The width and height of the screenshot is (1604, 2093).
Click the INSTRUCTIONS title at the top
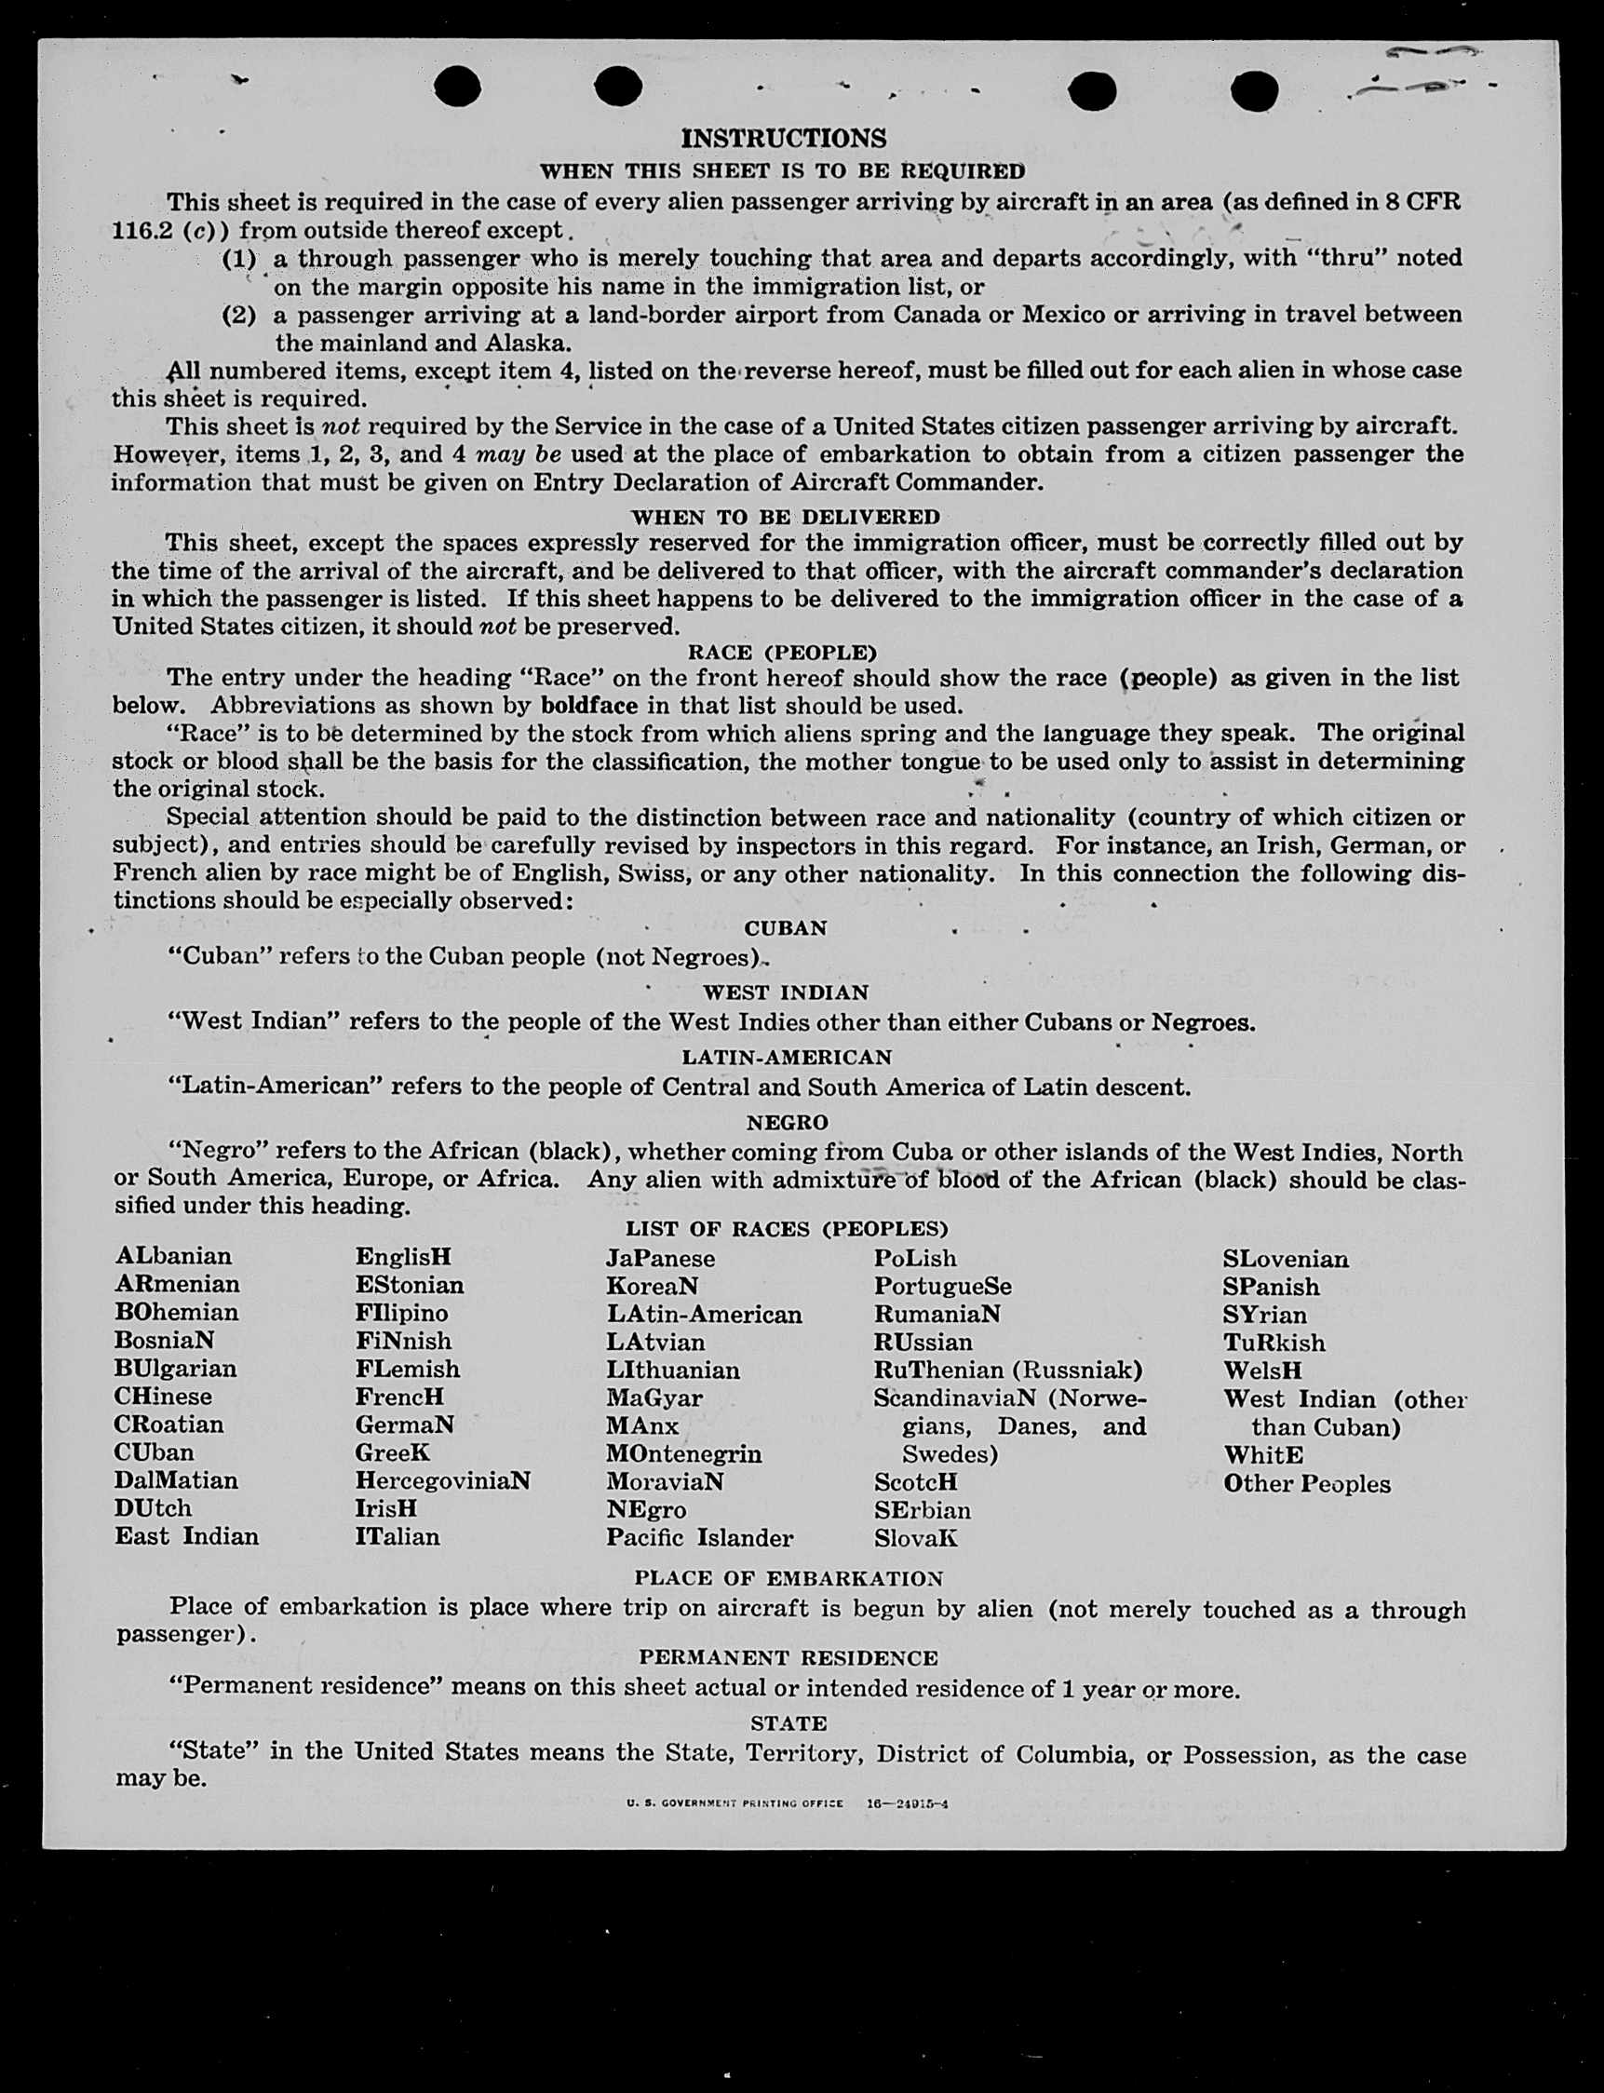click(x=783, y=139)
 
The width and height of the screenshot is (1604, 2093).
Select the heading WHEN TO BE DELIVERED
click(x=785, y=517)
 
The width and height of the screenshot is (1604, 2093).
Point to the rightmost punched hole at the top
click(x=1254, y=91)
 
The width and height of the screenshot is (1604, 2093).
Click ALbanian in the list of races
click(x=173, y=1256)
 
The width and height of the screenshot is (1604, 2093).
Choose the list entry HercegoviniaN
click(x=442, y=1480)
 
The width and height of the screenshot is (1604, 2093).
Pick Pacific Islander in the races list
click(x=699, y=1537)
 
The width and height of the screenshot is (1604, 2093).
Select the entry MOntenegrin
click(x=683, y=1453)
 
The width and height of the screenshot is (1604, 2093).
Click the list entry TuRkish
click(x=1274, y=1343)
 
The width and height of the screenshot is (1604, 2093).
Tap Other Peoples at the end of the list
click(x=1306, y=1483)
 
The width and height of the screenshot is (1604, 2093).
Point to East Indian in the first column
click(x=186, y=1535)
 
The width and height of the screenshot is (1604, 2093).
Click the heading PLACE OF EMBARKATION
click(x=789, y=1578)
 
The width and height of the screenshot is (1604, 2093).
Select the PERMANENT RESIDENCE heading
click(x=788, y=1657)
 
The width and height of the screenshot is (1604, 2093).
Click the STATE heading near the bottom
click(x=788, y=1723)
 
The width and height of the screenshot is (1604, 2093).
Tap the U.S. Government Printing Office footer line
click(x=787, y=1803)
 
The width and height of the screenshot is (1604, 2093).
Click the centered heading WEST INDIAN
click(x=785, y=992)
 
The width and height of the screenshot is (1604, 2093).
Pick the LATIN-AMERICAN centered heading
click(x=786, y=1057)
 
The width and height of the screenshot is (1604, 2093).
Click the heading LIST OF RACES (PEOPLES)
click(x=786, y=1228)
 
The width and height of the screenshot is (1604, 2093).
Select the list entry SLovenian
click(x=1285, y=1259)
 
